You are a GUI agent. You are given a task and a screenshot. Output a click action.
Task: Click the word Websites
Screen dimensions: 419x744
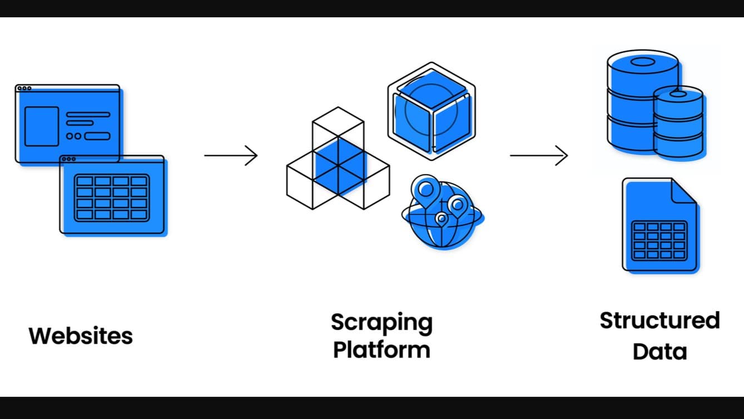click(81, 336)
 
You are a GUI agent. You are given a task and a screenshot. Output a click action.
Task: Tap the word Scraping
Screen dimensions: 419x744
click(381, 323)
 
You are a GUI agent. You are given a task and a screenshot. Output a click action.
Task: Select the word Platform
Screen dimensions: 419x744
click(381, 350)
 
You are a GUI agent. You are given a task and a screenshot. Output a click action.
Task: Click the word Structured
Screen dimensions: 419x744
click(659, 321)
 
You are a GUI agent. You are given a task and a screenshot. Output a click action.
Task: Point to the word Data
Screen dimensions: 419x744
click(659, 352)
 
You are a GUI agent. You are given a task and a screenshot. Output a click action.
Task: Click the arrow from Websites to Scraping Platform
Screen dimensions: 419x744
click(231, 155)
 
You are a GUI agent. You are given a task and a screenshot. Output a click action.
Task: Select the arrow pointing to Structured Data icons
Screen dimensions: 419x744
click(538, 155)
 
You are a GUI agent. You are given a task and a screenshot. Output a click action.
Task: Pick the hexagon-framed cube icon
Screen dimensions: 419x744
click(431, 111)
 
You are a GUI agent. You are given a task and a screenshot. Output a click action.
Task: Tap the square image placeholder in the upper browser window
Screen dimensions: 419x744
click(42, 126)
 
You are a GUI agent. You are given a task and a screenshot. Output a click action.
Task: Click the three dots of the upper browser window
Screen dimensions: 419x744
click(24, 88)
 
